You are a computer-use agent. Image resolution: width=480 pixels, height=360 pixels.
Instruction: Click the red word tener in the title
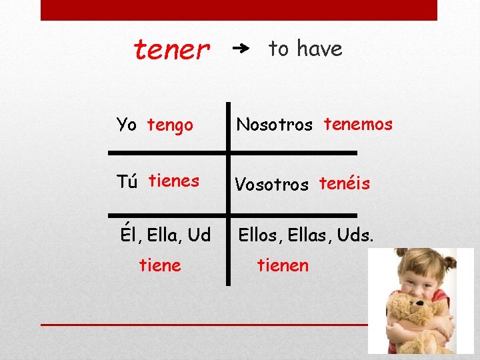pyautogui.click(x=172, y=49)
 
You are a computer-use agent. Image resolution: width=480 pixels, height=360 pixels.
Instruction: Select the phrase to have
pyautogui.click(x=305, y=48)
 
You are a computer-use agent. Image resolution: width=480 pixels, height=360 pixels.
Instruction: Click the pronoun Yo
pyautogui.click(x=126, y=125)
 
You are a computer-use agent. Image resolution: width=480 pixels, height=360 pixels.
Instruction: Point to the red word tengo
pyautogui.click(x=170, y=125)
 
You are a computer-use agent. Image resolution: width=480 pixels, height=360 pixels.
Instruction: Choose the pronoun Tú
pyautogui.click(x=127, y=182)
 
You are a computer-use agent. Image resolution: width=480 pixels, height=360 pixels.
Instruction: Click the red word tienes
pyautogui.click(x=173, y=181)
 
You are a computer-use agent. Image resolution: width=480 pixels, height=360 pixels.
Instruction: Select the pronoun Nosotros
pyautogui.click(x=274, y=125)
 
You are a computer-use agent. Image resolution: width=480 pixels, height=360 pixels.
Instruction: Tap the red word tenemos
pyautogui.click(x=358, y=124)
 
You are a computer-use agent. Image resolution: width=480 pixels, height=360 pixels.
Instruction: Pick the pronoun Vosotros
pyautogui.click(x=271, y=185)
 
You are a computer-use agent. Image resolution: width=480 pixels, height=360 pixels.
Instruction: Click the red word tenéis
pyautogui.click(x=344, y=183)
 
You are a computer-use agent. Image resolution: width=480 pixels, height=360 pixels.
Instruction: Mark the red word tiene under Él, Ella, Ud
pyautogui.click(x=160, y=265)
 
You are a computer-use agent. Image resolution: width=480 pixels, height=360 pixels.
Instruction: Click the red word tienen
pyautogui.click(x=283, y=265)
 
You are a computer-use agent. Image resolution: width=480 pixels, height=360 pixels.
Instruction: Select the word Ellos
pyautogui.click(x=260, y=235)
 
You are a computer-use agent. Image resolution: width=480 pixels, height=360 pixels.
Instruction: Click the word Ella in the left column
pyautogui.click(x=163, y=235)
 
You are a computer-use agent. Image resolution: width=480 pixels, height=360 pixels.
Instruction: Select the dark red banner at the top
pyautogui.click(x=239, y=10)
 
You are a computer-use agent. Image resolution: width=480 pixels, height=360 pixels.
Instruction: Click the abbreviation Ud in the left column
pyautogui.click(x=199, y=235)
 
